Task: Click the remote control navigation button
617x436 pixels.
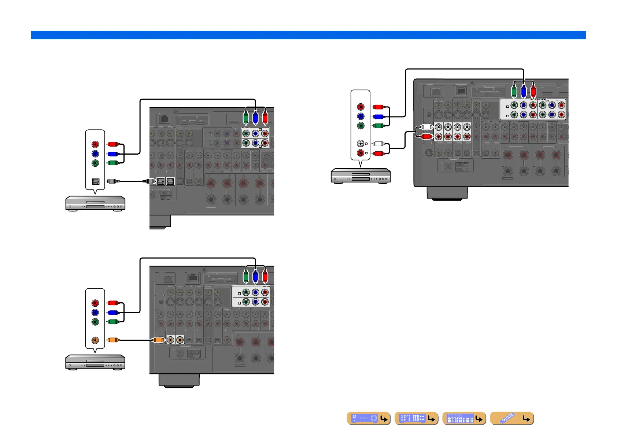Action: [511, 418]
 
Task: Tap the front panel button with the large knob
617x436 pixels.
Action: [369, 418]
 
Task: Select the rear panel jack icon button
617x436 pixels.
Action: [416, 418]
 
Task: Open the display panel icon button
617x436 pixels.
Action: [464, 418]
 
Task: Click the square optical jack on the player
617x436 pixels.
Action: [95, 181]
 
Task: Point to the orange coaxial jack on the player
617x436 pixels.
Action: [95, 340]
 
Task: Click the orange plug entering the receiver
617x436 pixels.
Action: [158, 340]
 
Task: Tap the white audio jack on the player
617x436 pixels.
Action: [361, 144]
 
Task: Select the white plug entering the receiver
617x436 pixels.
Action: [426, 127]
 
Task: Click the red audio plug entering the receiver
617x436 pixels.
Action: [426, 137]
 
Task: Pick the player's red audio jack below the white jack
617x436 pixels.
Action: [361, 153]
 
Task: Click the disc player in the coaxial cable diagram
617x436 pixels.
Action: [95, 362]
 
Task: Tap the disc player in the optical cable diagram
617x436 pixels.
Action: [95, 203]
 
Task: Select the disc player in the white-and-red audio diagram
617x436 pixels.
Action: [361, 175]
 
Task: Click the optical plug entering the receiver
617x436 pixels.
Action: [149, 181]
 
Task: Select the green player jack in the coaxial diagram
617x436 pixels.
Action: [95, 322]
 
